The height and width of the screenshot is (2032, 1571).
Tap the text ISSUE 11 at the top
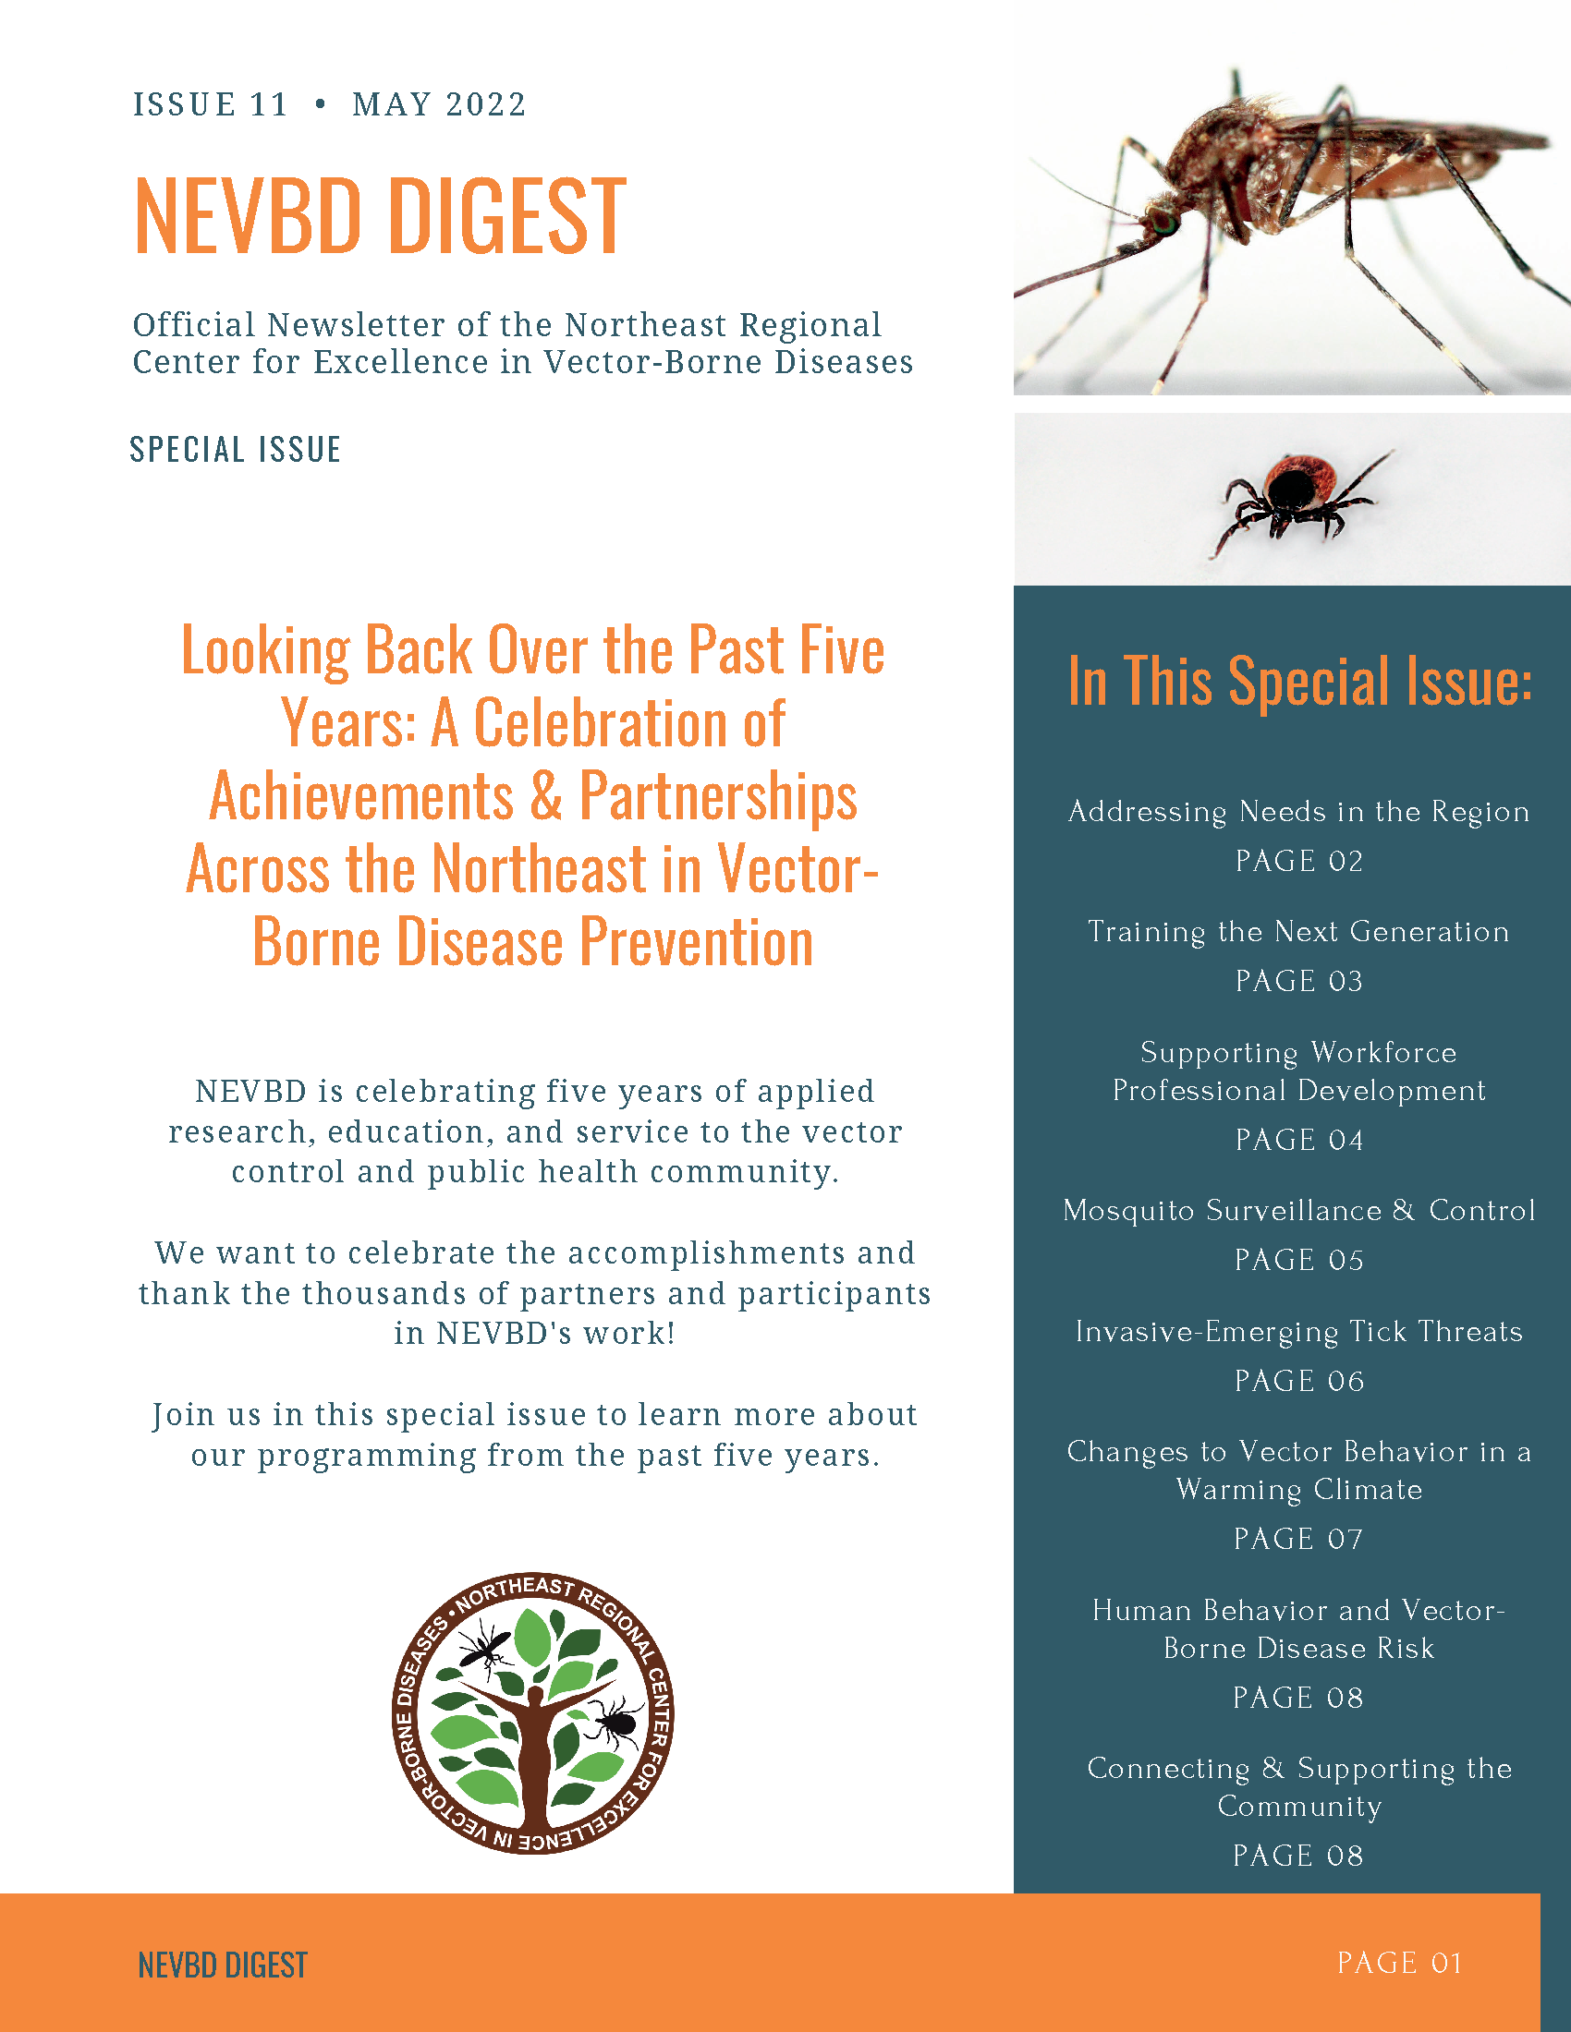[x=211, y=104]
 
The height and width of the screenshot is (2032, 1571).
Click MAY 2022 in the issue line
[x=439, y=104]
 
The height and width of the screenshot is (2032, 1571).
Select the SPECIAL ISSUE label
[x=236, y=450]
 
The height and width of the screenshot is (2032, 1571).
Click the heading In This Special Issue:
[x=1299, y=681]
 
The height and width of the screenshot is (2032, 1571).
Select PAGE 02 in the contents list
[x=1299, y=861]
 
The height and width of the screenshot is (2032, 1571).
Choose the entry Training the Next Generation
[x=1299, y=931]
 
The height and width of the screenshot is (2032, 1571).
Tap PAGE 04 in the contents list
[x=1299, y=1140]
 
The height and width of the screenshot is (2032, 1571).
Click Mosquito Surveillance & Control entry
[x=1299, y=1211]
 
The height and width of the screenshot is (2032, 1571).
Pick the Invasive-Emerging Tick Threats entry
[x=1299, y=1331]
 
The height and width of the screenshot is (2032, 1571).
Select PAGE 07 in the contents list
[x=1299, y=1539]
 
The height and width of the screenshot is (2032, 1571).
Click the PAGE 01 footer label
[x=1400, y=1963]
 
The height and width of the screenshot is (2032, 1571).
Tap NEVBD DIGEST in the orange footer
[x=223, y=1965]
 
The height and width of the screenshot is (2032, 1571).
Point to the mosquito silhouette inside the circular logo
[x=486, y=1648]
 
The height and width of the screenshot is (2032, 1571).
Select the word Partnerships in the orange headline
[x=717, y=796]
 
